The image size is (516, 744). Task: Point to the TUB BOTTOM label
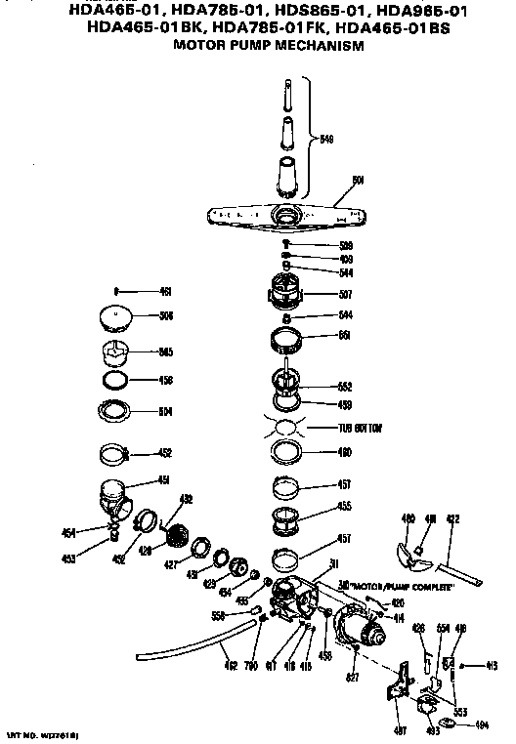tap(360, 429)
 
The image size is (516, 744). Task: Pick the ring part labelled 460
tap(286, 452)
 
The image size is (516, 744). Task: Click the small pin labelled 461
tap(116, 290)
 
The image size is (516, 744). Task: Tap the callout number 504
tap(165, 411)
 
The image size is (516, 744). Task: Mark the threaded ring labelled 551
tap(286, 342)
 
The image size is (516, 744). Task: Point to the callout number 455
tap(345, 507)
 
